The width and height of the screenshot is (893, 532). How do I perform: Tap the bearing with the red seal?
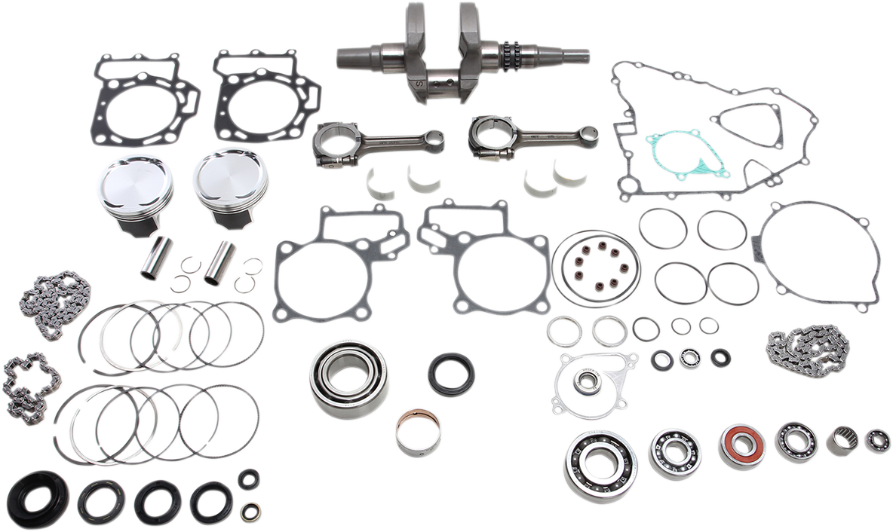click(x=742, y=445)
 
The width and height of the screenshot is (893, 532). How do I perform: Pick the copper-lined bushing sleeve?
click(x=419, y=432)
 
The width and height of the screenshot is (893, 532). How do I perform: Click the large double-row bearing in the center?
click(x=349, y=379)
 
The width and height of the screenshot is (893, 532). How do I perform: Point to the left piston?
click(x=136, y=192)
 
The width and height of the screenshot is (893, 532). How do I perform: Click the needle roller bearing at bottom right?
click(x=842, y=440)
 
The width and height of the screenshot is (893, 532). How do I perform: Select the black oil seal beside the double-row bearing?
click(x=452, y=374)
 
